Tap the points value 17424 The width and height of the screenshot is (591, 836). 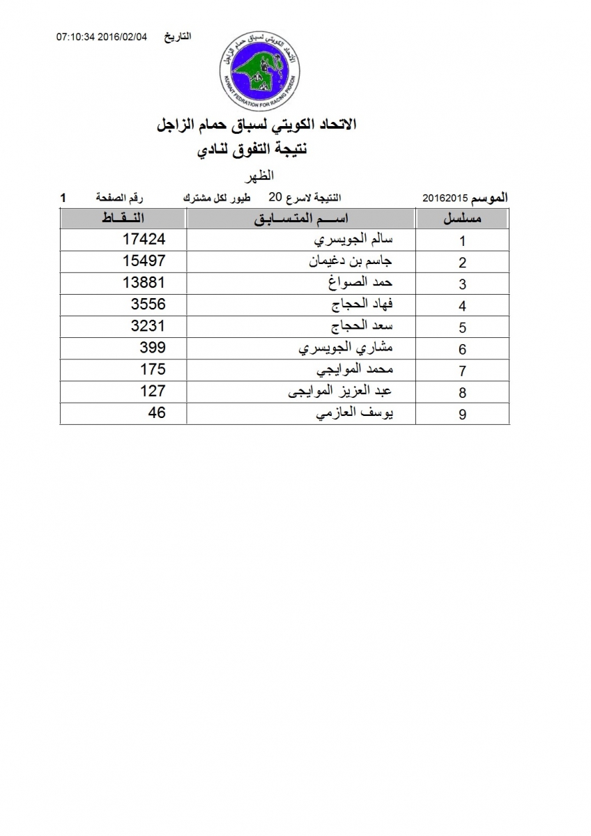[144, 240]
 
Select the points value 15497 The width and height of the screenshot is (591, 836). [144, 261]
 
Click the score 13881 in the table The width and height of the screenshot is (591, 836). [144, 283]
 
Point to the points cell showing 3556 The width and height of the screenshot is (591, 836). [148, 304]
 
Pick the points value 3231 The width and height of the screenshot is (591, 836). [148, 326]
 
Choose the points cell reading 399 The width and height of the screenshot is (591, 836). [153, 348]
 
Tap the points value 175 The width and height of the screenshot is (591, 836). [153, 369]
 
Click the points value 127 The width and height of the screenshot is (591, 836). [153, 391]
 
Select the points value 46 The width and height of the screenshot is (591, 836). [157, 412]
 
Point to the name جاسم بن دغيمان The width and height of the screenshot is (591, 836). [352, 262]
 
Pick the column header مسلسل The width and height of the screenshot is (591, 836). [463, 219]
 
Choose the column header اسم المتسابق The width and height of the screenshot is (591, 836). [301, 219]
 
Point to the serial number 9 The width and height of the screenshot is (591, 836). [462, 415]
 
